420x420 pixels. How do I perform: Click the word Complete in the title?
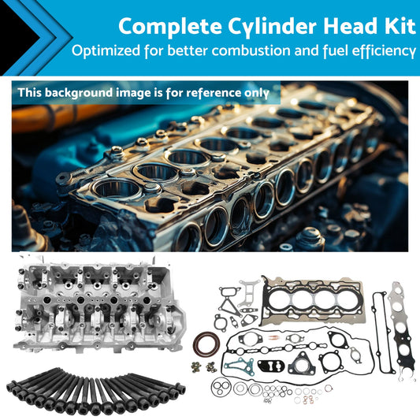[170, 27]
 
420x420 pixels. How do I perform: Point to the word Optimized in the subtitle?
[106, 50]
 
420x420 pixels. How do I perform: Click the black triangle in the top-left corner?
[16, 38]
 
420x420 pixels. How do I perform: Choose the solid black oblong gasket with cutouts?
[271, 366]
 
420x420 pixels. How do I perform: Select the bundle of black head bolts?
[95, 391]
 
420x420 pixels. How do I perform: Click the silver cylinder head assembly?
[99, 303]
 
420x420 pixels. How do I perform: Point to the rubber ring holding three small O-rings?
[221, 386]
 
